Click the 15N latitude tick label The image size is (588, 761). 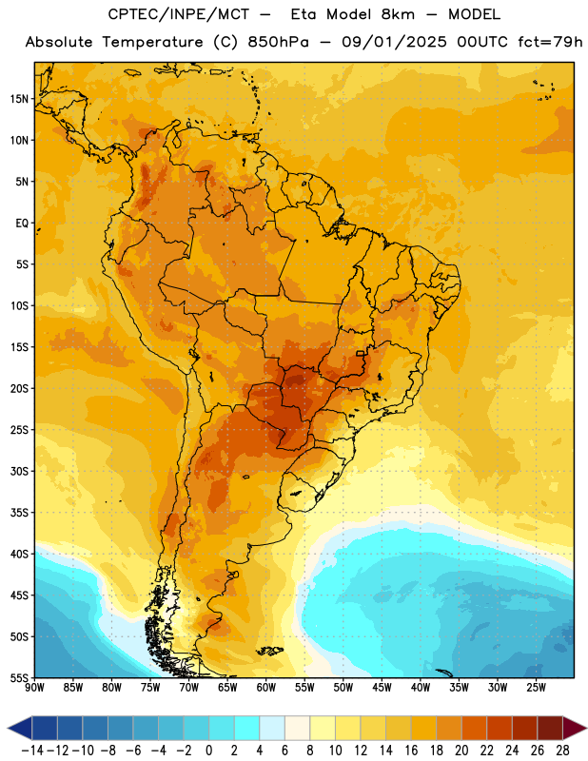click(19, 99)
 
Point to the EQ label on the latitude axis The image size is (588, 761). click(22, 224)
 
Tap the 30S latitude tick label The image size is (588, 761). click(19, 471)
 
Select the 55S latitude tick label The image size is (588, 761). click(19, 678)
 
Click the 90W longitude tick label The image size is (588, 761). click(34, 688)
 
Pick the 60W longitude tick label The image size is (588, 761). click(266, 688)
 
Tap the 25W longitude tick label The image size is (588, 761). click(536, 688)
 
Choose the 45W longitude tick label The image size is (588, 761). click(382, 688)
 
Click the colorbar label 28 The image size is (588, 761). click(562, 751)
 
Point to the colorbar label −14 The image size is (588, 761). click(32, 751)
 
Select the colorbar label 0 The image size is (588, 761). click(209, 751)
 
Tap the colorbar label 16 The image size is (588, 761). click(411, 751)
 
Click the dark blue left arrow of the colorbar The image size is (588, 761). click(20, 728)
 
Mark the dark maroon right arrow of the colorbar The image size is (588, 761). click(575, 728)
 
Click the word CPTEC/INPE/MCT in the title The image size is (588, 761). click(179, 14)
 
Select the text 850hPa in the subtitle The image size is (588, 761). click(278, 42)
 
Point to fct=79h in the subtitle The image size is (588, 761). click(550, 42)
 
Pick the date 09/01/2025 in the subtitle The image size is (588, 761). click(394, 42)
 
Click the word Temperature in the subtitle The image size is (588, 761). click(152, 42)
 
